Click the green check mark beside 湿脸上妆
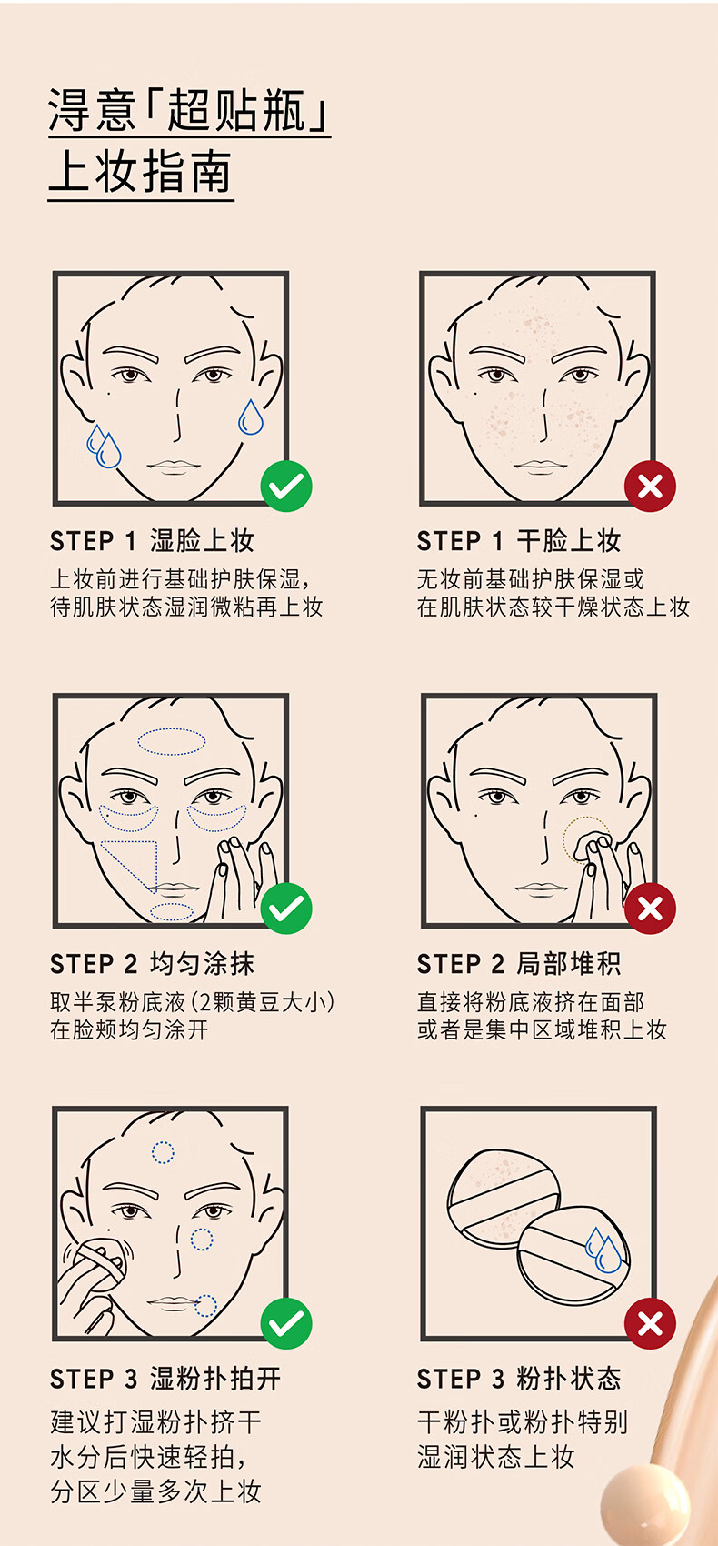point(286,487)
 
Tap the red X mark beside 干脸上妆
point(650,487)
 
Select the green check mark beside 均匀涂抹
point(286,909)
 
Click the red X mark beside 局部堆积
point(650,909)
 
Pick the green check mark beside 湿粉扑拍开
point(286,1323)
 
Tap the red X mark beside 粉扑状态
point(650,1323)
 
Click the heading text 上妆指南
point(141,173)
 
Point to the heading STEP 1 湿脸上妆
point(153,541)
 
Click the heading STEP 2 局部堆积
point(519,963)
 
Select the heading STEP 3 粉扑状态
point(519,1379)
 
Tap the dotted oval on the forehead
point(172,741)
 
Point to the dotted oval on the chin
point(172,912)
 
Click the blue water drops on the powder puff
point(603,1250)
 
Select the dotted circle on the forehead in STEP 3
point(163,1152)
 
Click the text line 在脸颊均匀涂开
point(129,1030)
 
